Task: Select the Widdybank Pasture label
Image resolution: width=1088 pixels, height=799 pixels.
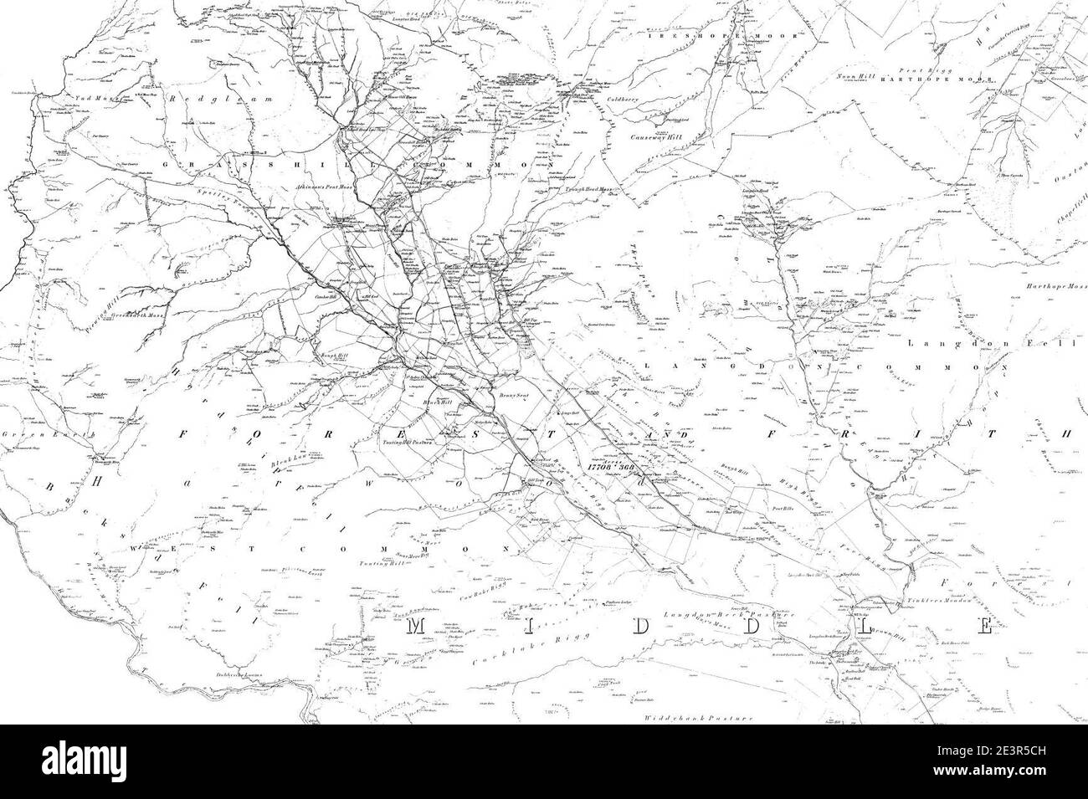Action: pos(699,718)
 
